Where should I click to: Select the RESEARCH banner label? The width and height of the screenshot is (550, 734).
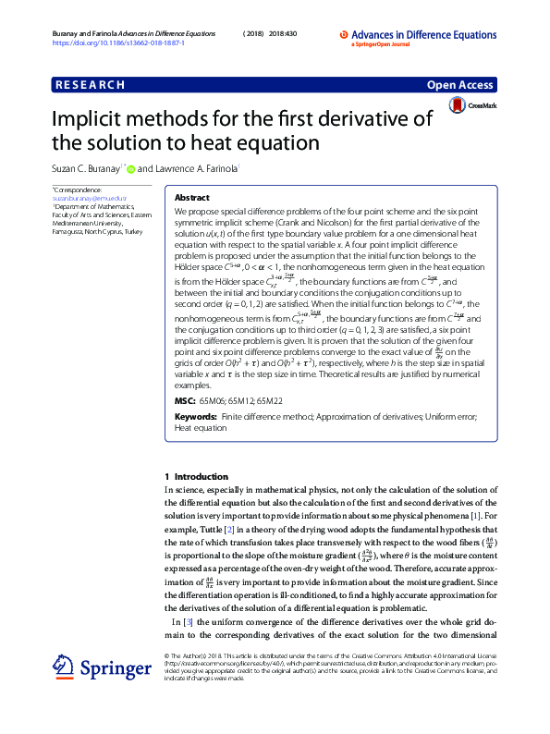(90, 85)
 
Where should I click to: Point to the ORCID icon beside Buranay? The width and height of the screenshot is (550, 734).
(131, 169)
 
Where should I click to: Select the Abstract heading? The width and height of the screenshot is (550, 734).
(192, 198)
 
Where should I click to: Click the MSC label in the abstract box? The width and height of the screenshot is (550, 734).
(185, 402)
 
